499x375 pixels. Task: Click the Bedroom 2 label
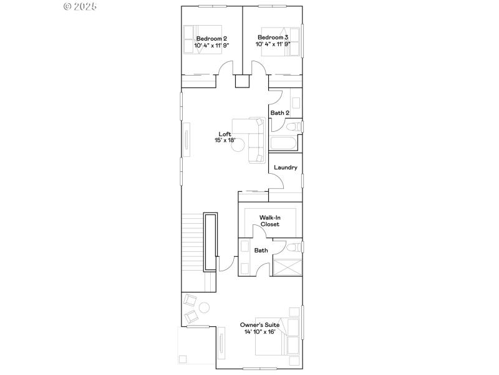click(211, 38)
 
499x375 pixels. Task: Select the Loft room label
click(225, 134)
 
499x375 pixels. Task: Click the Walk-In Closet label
click(270, 221)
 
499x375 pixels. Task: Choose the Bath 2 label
click(279, 113)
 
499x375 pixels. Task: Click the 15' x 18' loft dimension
click(225, 141)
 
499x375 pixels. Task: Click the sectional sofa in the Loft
click(253, 139)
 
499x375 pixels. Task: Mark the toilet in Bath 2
click(297, 127)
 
